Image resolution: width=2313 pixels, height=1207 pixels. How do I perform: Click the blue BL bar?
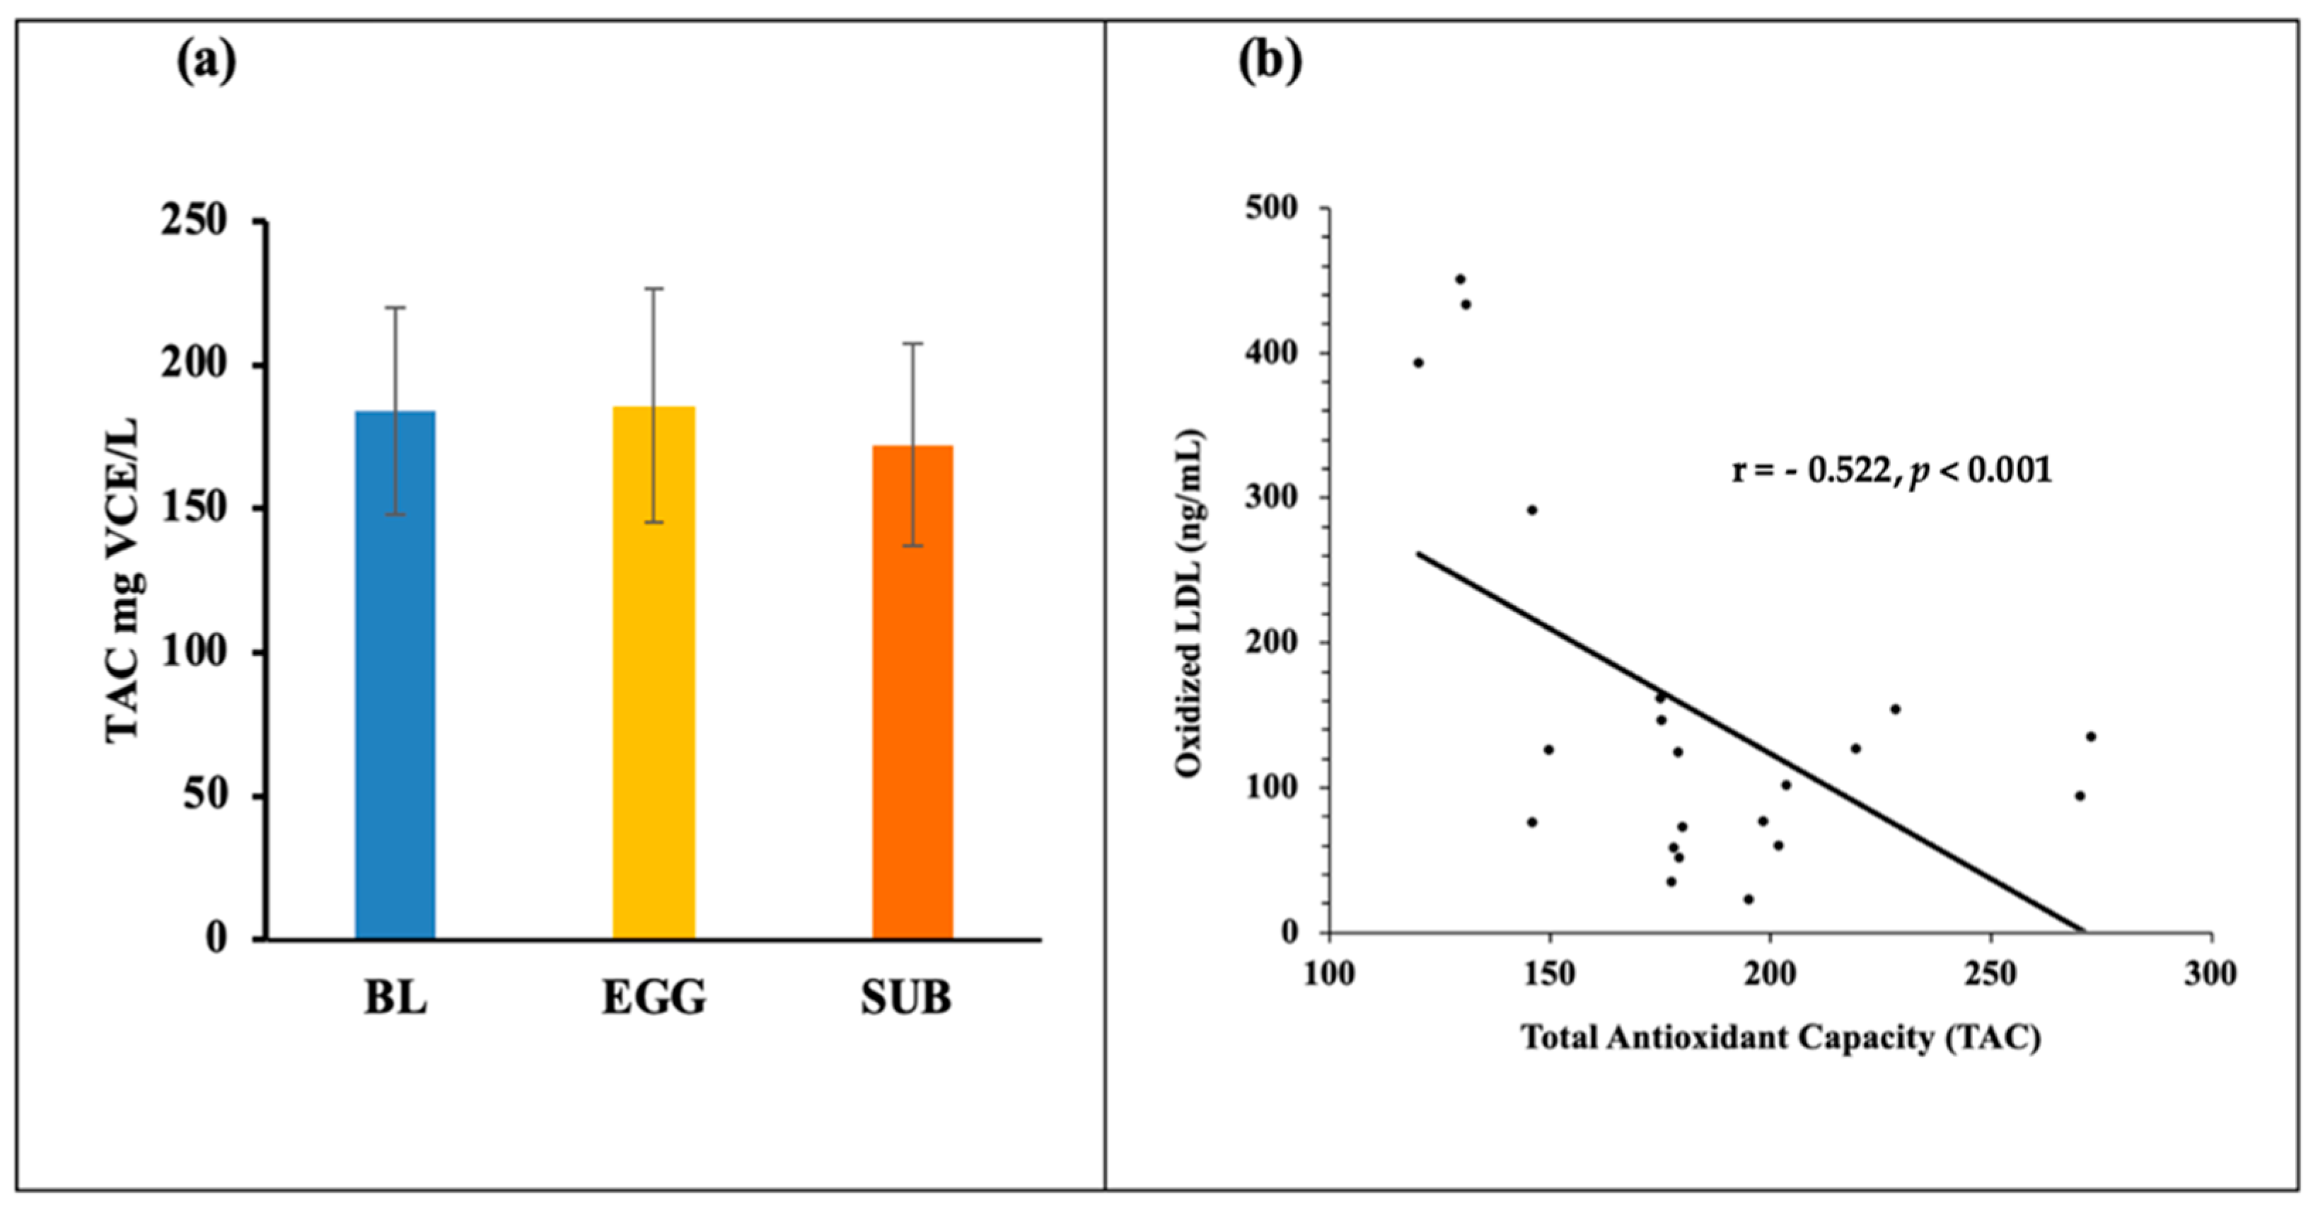pyautogui.click(x=395, y=674)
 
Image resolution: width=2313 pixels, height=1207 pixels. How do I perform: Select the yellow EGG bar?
pyautogui.click(x=654, y=673)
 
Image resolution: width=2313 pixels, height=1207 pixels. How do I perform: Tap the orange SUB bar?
pyautogui.click(x=912, y=691)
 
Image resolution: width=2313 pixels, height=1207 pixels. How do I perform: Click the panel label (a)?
pyautogui.click(x=207, y=63)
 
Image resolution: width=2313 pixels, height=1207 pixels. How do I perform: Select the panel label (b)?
pyautogui.click(x=1270, y=63)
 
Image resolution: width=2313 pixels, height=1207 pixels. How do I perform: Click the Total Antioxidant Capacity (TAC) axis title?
pyautogui.click(x=1780, y=1038)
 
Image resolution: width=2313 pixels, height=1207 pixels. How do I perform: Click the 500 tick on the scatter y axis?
pyautogui.click(x=1271, y=208)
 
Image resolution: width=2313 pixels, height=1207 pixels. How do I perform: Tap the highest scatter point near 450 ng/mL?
pyautogui.click(x=1460, y=279)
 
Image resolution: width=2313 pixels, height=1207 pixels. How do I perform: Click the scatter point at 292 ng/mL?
pyautogui.click(x=1532, y=510)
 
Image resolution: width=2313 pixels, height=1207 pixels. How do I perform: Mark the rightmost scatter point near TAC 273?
pyautogui.click(x=2090, y=737)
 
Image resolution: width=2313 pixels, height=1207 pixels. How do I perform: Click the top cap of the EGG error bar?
pyautogui.click(x=654, y=288)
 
